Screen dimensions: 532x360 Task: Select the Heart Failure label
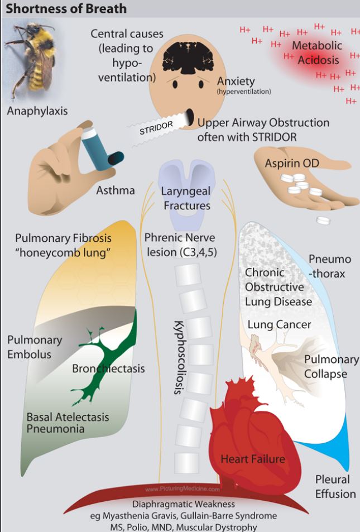[x=253, y=459]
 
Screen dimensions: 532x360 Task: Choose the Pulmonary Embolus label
[x=35, y=347]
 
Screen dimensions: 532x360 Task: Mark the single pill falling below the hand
[x=323, y=221]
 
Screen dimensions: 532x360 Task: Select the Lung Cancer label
[x=279, y=324]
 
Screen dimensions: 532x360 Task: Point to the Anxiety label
[x=236, y=80]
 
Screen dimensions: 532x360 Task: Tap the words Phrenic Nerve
[x=179, y=237]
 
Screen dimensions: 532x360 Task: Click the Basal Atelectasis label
[x=68, y=417]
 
